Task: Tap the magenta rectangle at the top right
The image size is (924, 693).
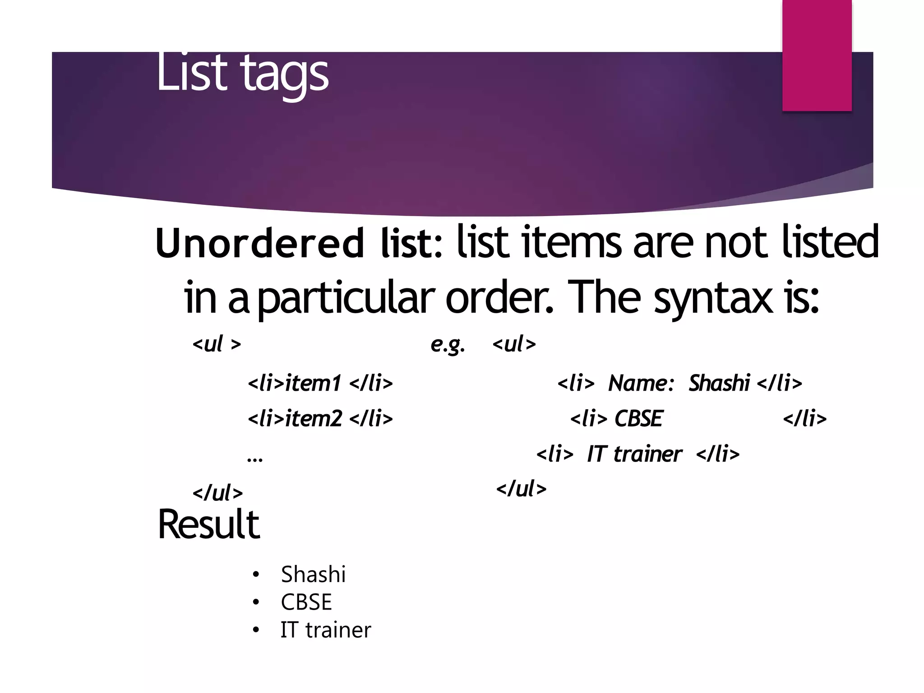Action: click(817, 55)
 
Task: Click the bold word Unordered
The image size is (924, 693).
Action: click(259, 244)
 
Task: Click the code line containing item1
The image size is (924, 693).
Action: click(320, 383)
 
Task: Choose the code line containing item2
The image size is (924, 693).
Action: click(320, 419)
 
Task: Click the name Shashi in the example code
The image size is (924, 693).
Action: click(719, 383)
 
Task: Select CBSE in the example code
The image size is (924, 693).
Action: click(638, 419)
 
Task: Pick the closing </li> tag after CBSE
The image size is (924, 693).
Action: click(805, 419)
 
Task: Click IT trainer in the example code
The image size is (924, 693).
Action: click(634, 454)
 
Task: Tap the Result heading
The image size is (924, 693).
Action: click(208, 524)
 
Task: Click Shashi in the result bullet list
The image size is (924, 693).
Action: click(313, 574)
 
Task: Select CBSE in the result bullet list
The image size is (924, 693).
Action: click(306, 602)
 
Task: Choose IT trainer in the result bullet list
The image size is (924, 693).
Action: click(326, 630)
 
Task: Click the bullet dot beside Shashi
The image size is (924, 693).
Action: click(256, 575)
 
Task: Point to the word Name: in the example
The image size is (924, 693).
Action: click(641, 383)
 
